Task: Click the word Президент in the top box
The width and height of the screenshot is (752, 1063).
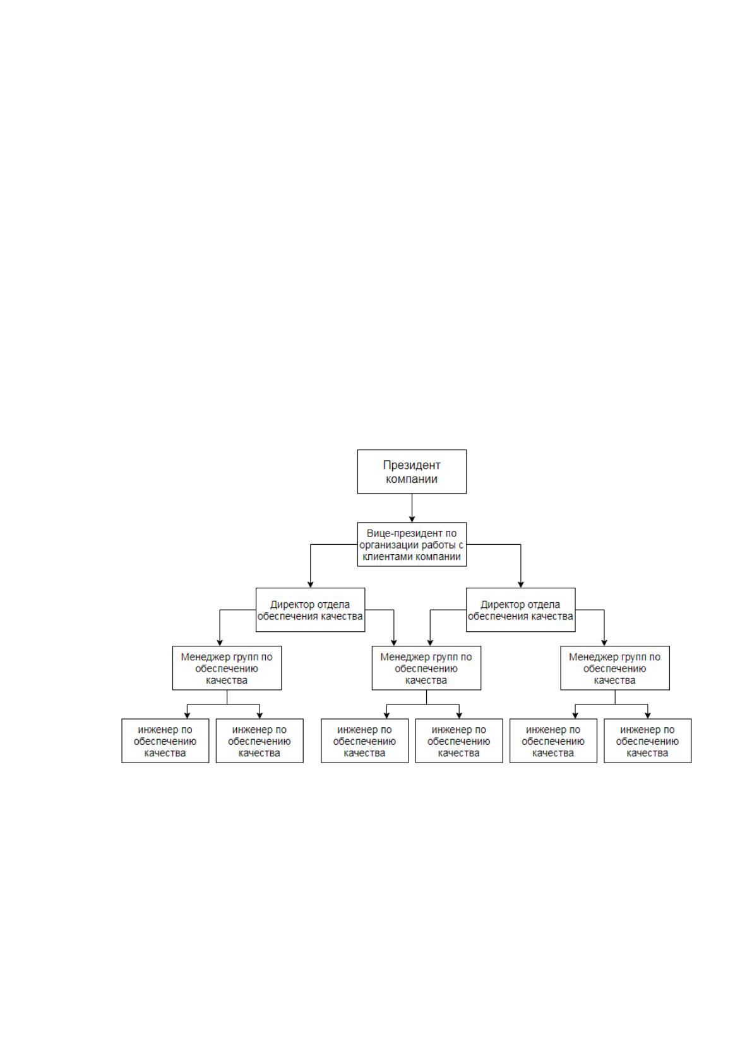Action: [x=412, y=465]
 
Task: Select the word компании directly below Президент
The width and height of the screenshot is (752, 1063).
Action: [x=412, y=479]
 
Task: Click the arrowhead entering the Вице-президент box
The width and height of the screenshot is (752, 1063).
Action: [x=412, y=519]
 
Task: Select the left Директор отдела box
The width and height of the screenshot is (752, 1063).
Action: [x=310, y=610]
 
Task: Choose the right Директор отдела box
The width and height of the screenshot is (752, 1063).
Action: [x=520, y=610]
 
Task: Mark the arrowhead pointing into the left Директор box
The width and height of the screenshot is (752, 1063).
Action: [x=311, y=585]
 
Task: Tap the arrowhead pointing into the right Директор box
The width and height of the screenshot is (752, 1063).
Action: [x=521, y=585]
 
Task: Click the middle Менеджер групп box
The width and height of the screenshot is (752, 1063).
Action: [x=426, y=668]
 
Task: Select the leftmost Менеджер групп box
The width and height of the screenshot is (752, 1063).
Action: [x=227, y=668]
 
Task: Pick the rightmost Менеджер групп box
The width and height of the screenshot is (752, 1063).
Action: [x=615, y=668]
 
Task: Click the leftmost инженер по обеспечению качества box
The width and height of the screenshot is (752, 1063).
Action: [x=165, y=741]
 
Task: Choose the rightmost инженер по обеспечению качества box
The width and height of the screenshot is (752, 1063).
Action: [x=648, y=741]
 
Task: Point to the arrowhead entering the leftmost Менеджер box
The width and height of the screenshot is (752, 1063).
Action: [x=220, y=643]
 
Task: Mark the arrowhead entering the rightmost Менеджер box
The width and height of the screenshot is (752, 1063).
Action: [x=604, y=643]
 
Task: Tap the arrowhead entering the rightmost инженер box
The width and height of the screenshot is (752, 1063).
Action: [x=648, y=716]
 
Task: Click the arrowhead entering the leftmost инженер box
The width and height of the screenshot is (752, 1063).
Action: [x=187, y=716]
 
